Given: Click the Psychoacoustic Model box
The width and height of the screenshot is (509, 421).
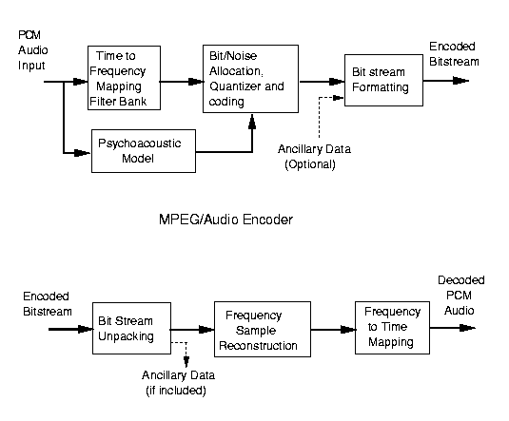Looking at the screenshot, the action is pyautogui.click(x=144, y=151).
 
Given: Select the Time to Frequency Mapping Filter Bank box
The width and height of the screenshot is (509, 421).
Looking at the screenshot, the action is pyautogui.click(x=124, y=78).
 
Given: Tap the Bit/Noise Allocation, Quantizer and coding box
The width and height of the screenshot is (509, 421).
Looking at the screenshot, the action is pyautogui.click(x=250, y=79).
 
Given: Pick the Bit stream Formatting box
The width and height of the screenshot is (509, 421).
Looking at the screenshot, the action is pyautogui.click(x=383, y=80).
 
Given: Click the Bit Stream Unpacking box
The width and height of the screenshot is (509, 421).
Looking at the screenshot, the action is pyautogui.click(x=132, y=328).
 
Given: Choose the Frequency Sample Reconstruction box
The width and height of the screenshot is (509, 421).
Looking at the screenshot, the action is pyautogui.click(x=263, y=329).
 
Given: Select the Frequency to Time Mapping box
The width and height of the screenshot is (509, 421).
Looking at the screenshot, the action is pyautogui.click(x=393, y=328).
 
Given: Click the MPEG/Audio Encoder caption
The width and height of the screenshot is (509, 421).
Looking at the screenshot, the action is pyautogui.click(x=225, y=220).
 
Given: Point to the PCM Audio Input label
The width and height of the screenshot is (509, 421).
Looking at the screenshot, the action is pyautogui.click(x=32, y=50).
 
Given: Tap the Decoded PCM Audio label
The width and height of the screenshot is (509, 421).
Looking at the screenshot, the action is pyautogui.click(x=461, y=296).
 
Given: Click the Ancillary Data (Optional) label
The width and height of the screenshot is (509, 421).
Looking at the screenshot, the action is pyautogui.click(x=314, y=157).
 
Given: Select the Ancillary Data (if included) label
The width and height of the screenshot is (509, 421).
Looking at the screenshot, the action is pyautogui.click(x=178, y=383).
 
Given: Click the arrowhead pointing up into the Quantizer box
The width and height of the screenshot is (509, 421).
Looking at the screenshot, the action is pyautogui.click(x=252, y=122).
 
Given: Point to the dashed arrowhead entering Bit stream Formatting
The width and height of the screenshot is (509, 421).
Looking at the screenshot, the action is pyautogui.click(x=339, y=97).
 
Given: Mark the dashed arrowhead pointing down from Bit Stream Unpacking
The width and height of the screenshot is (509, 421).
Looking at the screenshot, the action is pyautogui.click(x=186, y=362).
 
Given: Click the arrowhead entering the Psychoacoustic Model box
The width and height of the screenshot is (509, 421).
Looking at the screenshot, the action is pyautogui.click(x=83, y=153).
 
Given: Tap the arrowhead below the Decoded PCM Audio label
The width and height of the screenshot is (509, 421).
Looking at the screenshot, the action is pyautogui.click(x=468, y=328).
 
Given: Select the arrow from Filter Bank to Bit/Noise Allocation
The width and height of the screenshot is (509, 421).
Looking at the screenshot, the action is pyautogui.click(x=182, y=82).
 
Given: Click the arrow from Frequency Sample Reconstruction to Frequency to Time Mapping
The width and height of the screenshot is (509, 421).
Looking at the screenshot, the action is pyautogui.click(x=333, y=330).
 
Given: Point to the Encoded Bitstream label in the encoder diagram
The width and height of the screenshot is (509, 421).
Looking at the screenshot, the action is pyautogui.click(x=454, y=54).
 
